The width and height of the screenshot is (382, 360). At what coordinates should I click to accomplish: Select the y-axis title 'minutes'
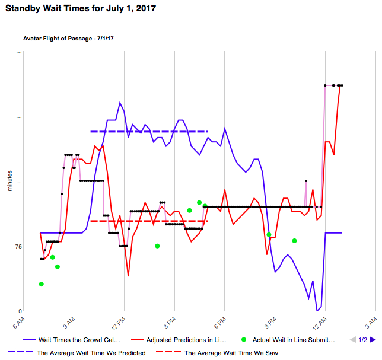(x=9, y=181)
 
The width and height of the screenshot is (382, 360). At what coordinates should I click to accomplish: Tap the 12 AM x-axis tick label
(x=319, y=323)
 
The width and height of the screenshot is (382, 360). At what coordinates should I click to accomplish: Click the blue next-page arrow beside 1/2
(x=373, y=340)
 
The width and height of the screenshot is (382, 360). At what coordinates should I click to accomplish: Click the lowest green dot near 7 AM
(x=42, y=284)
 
